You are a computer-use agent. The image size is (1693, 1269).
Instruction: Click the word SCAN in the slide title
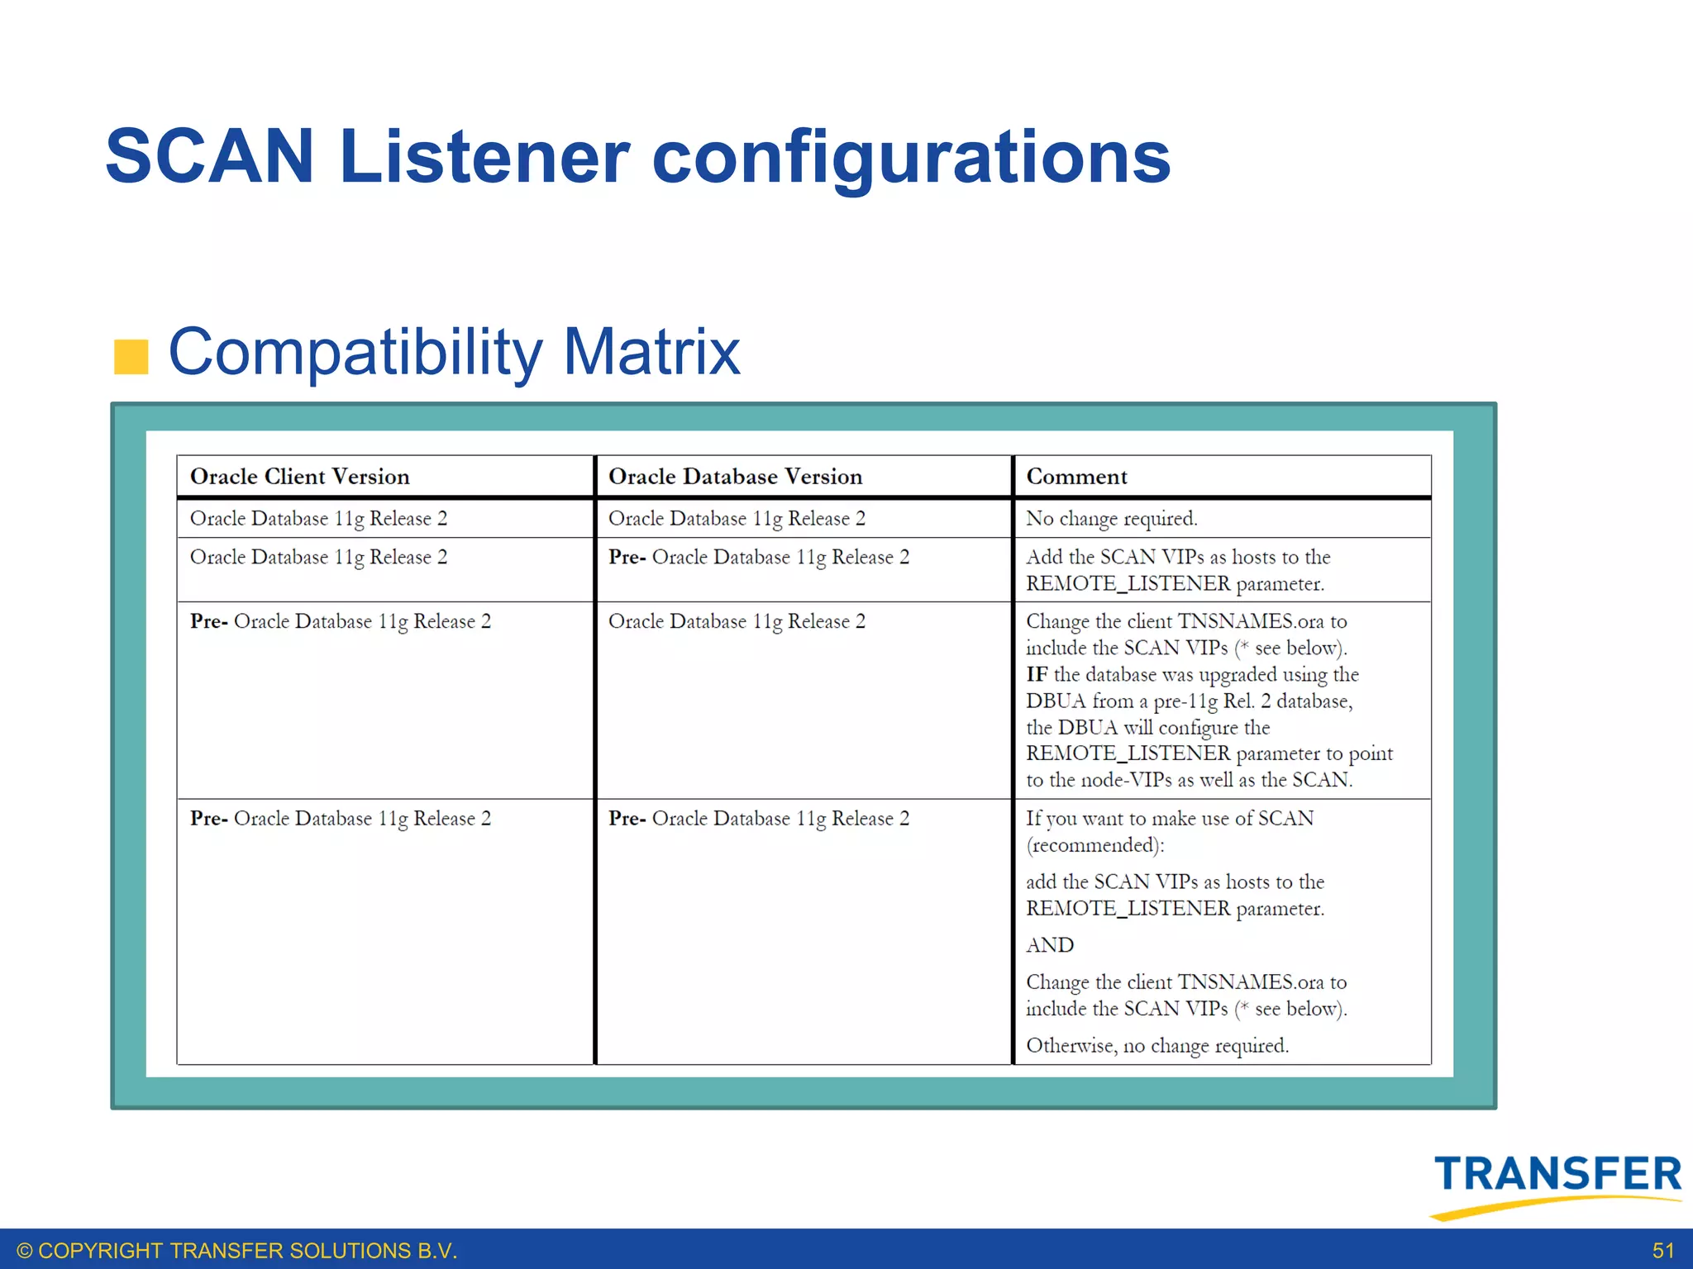[x=210, y=157]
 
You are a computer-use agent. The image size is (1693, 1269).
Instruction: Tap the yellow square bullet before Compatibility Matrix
[x=131, y=357]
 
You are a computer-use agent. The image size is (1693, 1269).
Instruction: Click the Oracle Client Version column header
[x=299, y=477]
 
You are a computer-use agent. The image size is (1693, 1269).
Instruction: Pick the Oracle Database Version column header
[x=735, y=477]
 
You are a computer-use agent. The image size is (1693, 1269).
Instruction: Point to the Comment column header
[x=1076, y=477]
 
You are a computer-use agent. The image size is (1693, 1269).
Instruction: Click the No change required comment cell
[x=1111, y=519]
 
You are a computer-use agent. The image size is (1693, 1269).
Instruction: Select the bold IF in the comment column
[x=1037, y=675]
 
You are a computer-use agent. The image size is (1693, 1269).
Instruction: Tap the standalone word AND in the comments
[x=1050, y=945]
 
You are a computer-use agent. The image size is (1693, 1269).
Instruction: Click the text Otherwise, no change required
[x=1156, y=1046]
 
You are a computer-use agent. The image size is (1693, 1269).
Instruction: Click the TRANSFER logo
[x=1557, y=1183]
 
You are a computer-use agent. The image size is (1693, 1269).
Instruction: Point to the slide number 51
[x=1662, y=1251]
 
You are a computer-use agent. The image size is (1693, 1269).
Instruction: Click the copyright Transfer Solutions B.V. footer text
[x=237, y=1251]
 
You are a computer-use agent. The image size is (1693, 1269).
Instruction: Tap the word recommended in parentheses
[x=1094, y=846]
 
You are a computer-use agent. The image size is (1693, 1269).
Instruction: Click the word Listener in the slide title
[x=484, y=157]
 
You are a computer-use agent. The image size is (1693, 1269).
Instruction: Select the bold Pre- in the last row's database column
[x=627, y=819]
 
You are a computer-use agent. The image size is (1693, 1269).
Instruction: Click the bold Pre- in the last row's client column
[x=208, y=819]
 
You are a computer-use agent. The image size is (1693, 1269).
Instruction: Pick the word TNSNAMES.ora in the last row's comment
[x=1251, y=982]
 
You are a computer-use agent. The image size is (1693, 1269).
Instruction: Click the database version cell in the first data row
[x=737, y=519]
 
